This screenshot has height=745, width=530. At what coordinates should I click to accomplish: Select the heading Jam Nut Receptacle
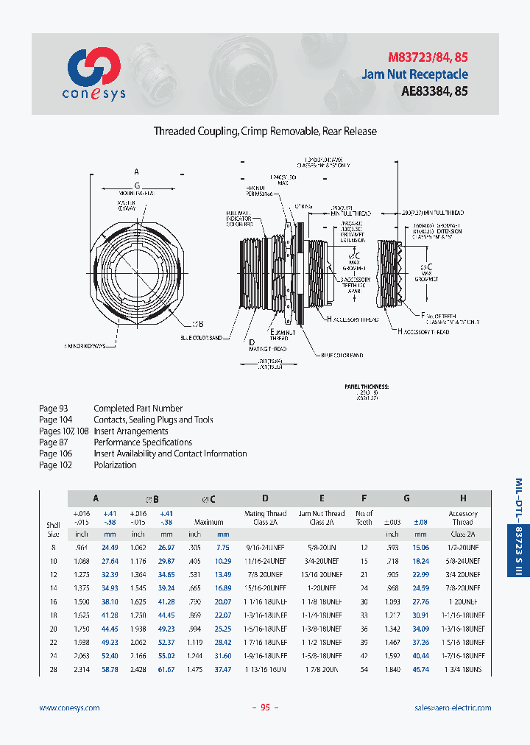414,74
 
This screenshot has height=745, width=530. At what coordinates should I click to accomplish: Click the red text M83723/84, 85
428,57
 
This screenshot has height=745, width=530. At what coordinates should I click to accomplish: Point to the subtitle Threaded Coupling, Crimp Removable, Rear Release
265,131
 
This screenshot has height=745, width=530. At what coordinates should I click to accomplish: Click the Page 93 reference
53,408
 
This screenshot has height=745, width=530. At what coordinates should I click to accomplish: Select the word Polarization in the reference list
115,465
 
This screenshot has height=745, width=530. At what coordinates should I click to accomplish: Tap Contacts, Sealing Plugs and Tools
153,420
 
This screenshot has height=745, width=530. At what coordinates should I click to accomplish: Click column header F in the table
364,498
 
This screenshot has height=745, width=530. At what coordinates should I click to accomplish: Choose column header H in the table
462,498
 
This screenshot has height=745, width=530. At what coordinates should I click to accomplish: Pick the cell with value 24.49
110,547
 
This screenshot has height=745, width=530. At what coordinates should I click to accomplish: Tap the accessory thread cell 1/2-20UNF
463,547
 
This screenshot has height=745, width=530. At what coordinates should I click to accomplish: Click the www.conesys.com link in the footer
69,707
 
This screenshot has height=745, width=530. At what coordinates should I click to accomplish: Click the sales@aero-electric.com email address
453,707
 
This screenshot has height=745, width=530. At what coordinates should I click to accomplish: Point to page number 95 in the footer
265,707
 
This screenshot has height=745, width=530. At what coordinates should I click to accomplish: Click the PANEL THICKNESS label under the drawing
367,386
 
